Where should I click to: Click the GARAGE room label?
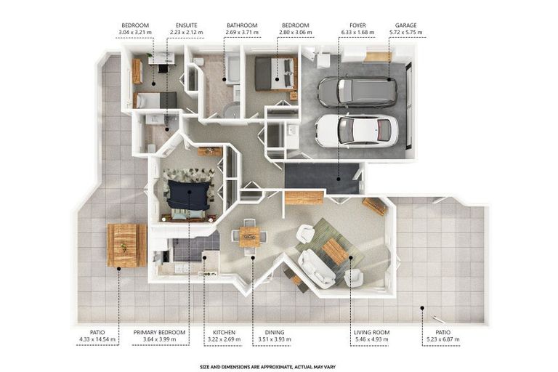tap(405, 25)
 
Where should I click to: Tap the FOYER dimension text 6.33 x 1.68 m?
tap(357, 33)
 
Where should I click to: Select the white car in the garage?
tap(357, 131)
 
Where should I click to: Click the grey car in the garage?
tap(357, 92)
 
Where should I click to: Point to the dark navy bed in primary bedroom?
tap(190, 194)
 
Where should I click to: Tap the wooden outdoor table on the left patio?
tap(126, 246)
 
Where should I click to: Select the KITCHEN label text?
tap(224, 332)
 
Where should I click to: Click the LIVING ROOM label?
tap(371, 332)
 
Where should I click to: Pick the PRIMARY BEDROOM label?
tap(159, 332)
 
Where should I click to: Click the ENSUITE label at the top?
tap(187, 25)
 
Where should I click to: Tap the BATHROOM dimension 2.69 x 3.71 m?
tap(242, 33)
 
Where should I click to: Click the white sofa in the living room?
tap(316, 269)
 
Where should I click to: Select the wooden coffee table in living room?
tap(335, 251)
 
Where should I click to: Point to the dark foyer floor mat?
tap(322, 178)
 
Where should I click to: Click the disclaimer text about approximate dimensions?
tap(267, 367)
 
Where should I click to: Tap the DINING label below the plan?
tap(275, 332)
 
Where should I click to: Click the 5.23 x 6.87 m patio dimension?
tap(442, 339)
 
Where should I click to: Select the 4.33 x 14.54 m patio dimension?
tap(97, 339)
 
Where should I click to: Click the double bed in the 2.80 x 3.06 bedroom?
tap(276, 73)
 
